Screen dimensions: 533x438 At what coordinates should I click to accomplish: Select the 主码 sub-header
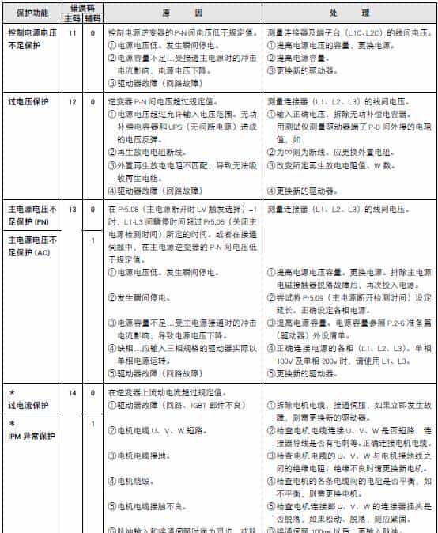click(72, 18)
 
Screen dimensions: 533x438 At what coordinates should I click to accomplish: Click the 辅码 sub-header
click(92, 18)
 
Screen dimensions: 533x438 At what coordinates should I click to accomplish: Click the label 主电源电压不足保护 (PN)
click(32, 215)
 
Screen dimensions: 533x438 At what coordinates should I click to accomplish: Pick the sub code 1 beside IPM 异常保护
click(93, 425)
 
